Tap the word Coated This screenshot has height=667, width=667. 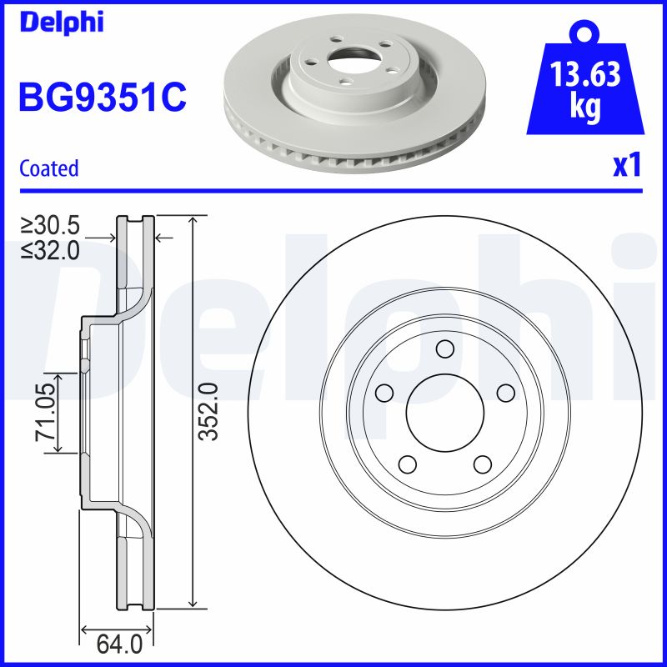[49, 168]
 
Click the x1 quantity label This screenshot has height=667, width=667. [626, 166]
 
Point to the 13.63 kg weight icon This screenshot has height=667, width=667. [584, 88]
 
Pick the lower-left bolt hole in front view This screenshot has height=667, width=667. [407, 464]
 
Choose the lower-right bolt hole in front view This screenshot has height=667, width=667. [482, 464]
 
